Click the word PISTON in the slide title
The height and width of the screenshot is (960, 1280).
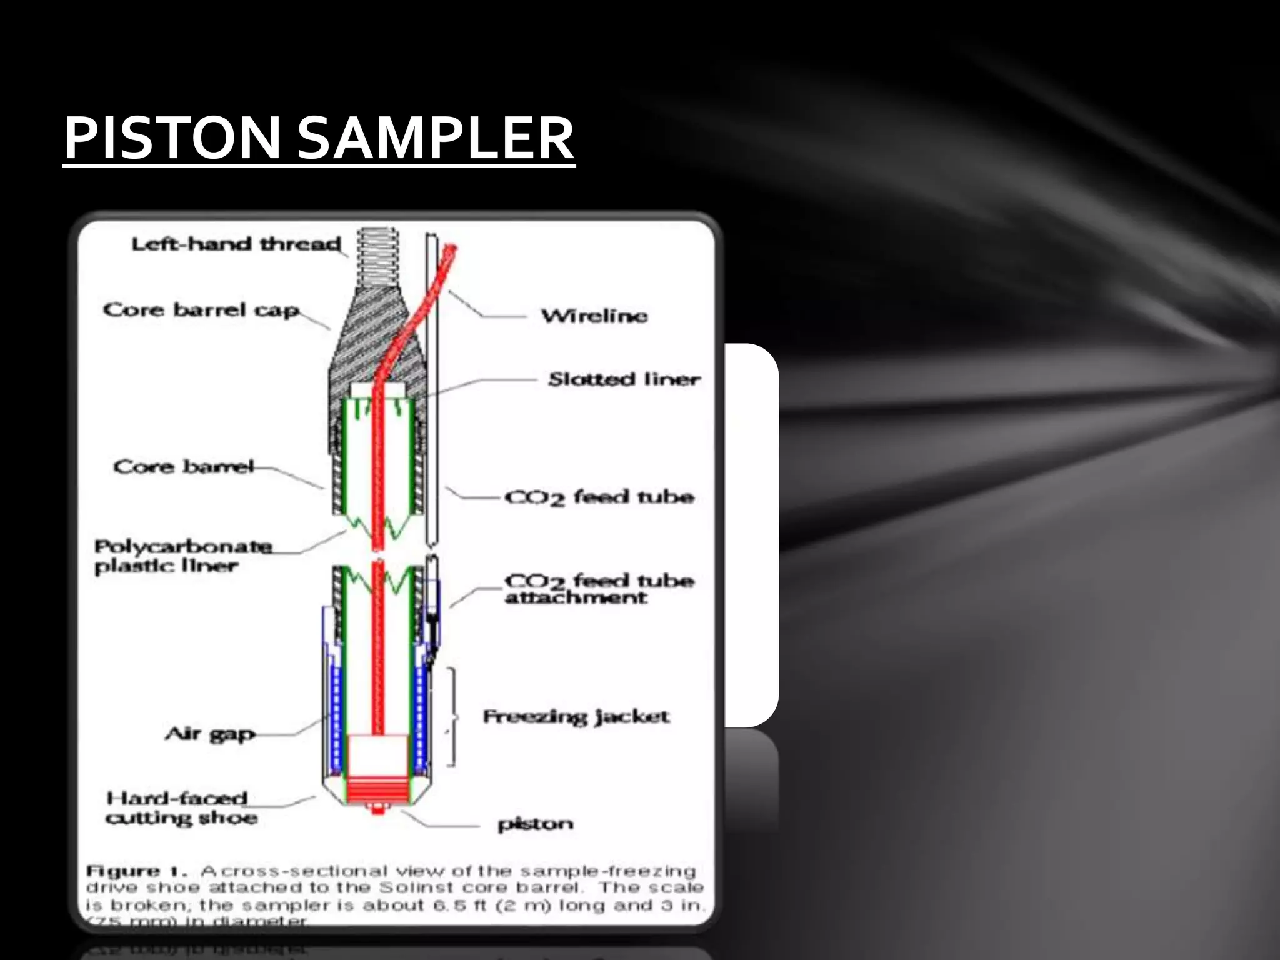click(x=172, y=138)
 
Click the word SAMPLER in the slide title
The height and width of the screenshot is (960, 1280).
click(x=435, y=138)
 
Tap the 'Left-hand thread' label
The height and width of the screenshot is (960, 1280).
click(x=236, y=244)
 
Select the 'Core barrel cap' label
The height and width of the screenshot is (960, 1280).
click(x=201, y=310)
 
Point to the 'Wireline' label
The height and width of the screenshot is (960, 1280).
click(x=594, y=316)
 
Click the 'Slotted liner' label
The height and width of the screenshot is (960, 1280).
click(x=624, y=379)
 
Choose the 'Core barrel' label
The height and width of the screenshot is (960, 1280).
click(x=184, y=467)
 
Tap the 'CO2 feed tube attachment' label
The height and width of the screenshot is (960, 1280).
click(x=599, y=589)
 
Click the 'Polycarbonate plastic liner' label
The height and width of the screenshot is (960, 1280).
click(x=182, y=556)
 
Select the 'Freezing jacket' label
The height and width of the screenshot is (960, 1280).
click(x=576, y=716)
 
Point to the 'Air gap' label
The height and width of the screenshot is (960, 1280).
click(x=210, y=734)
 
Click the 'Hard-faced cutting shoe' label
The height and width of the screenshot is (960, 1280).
click(x=180, y=807)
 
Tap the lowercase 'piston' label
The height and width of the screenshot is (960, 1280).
click(x=535, y=824)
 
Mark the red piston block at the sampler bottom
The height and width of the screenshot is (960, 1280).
click(x=376, y=790)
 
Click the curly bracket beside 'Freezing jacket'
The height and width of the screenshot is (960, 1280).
click(x=452, y=717)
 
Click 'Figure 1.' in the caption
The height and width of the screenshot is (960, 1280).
click(x=123, y=871)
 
